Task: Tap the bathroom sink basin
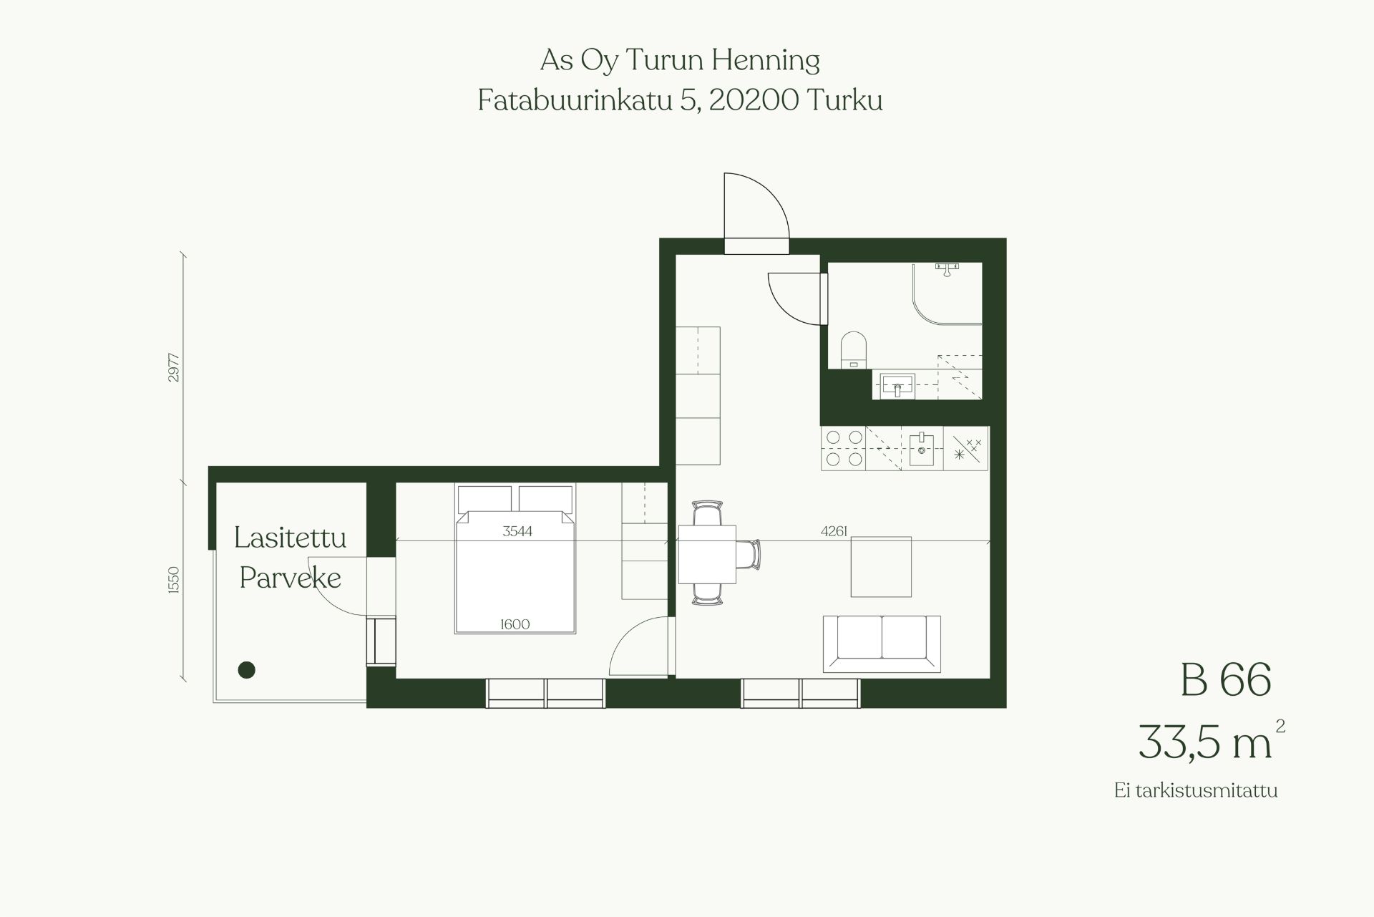pyautogui.click(x=897, y=385)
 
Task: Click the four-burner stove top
pyautogui.click(x=844, y=448)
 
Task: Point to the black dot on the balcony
pyautogui.click(x=246, y=670)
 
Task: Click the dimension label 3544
pyautogui.click(x=517, y=531)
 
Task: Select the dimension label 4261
pyautogui.click(x=834, y=531)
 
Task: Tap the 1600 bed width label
pyautogui.click(x=515, y=624)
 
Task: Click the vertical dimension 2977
pyautogui.click(x=173, y=367)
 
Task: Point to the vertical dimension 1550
pyautogui.click(x=173, y=581)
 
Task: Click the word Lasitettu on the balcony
pyautogui.click(x=291, y=538)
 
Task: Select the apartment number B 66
pyautogui.click(x=1225, y=679)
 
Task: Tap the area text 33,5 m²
pyautogui.click(x=1212, y=741)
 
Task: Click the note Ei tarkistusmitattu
pyautogui.click(x=1196, y=790)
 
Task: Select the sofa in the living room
pyautogui.click(x=882, y=644)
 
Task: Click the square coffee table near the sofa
pyautogui.click(x=881, y=567)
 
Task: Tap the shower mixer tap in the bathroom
pyautogui.click(x=947, y=268)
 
